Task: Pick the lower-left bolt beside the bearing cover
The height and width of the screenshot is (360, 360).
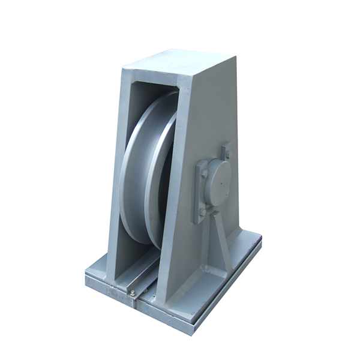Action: tap(202, 212)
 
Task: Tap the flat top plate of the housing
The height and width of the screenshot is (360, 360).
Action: tap(180, 62)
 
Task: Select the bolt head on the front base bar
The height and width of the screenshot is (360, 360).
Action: tap(132, 292)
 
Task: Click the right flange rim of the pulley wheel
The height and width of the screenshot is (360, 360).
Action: tap(155, 180)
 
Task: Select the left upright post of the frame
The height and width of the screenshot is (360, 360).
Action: tap(116, 180)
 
